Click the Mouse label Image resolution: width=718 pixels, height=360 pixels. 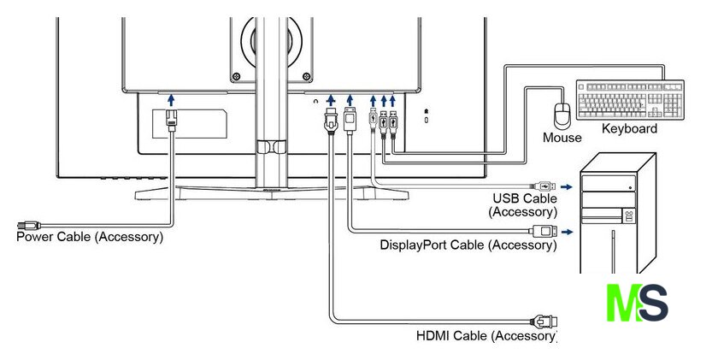562,138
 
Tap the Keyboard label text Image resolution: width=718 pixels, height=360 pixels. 629,129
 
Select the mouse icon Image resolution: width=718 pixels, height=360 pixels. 562,116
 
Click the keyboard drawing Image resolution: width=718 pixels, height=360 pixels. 630,100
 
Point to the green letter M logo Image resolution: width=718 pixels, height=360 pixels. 624,303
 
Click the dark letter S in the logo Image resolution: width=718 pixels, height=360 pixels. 653,303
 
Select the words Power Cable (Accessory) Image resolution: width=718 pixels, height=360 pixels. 90,237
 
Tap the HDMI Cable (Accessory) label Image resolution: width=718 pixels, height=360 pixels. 486,336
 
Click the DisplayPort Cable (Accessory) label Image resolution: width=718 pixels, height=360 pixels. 468,245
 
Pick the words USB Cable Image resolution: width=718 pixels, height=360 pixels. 525,198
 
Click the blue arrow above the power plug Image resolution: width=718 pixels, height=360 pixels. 171,100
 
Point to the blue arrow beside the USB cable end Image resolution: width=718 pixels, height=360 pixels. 567,187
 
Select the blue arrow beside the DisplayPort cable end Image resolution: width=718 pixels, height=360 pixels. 567,233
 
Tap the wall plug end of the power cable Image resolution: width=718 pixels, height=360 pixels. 28,226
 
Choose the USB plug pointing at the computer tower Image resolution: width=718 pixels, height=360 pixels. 544,186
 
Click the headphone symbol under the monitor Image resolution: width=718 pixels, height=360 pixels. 315,100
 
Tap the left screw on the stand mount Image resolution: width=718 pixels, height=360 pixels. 236,76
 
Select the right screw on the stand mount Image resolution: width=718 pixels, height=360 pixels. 306,76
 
